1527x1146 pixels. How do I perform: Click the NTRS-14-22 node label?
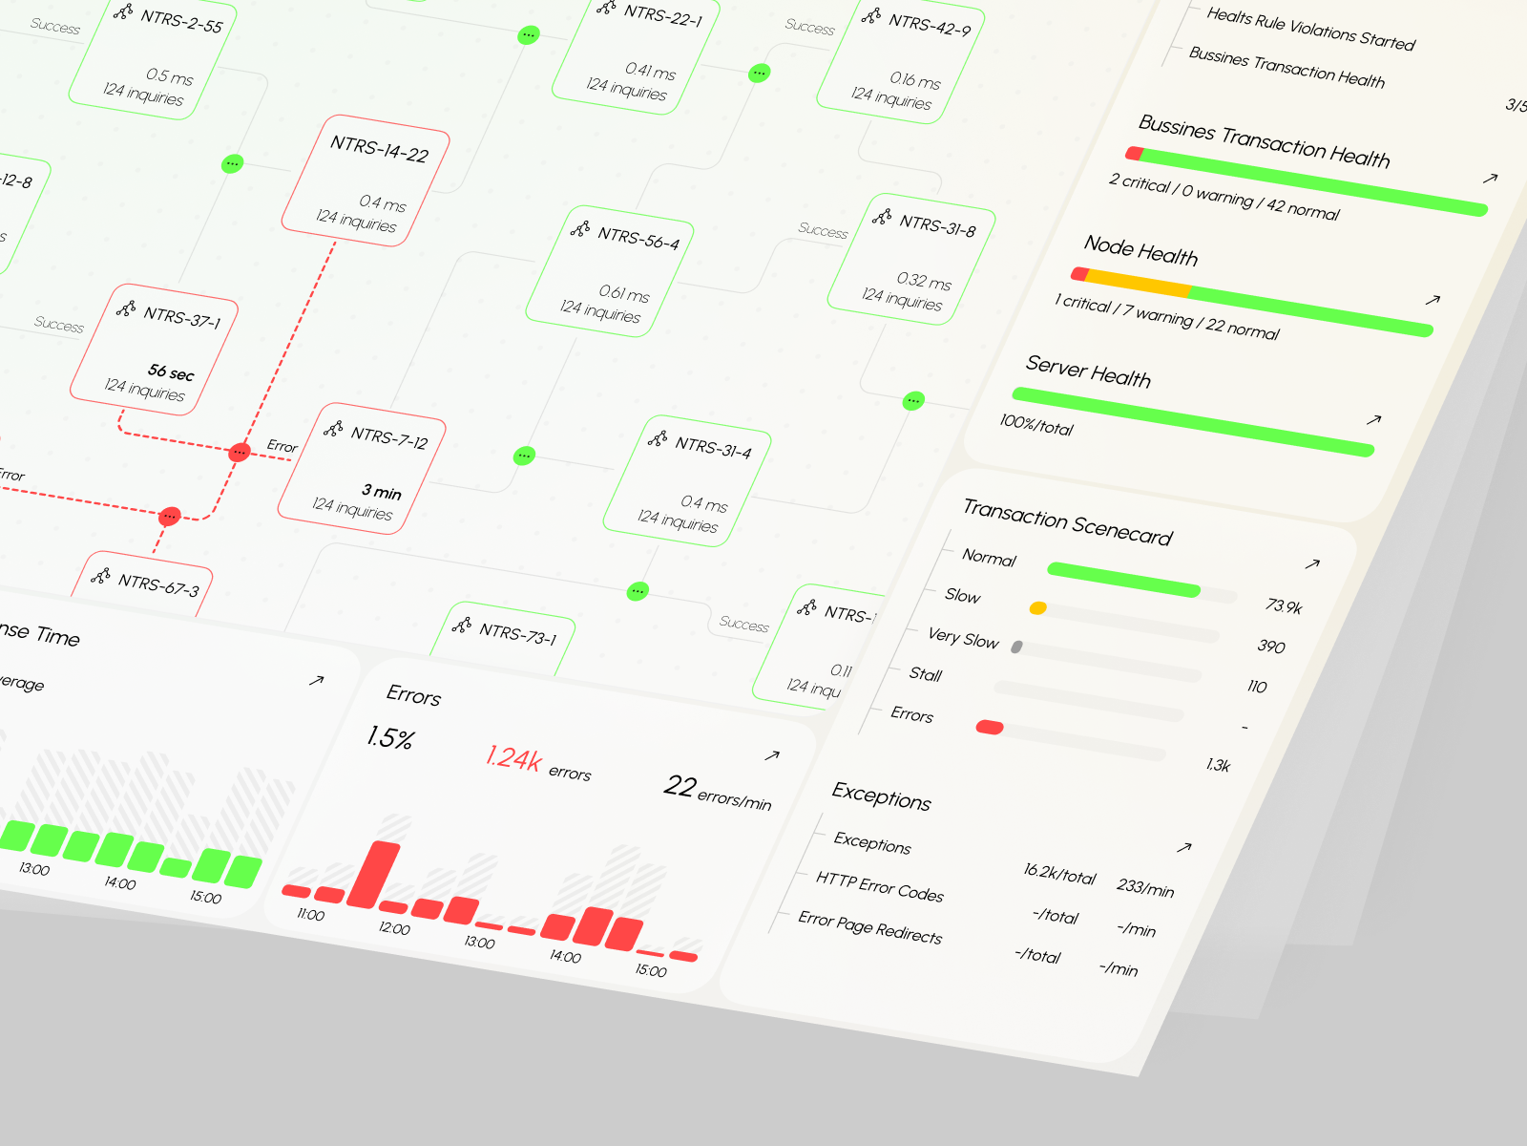379,149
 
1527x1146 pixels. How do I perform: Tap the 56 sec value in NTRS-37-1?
171,371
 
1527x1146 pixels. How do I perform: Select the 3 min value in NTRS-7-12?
381,491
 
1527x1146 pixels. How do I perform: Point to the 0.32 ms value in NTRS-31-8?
923,280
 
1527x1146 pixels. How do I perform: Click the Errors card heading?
413,695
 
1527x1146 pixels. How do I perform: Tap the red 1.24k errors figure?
513,758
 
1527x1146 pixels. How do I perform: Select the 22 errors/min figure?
717,792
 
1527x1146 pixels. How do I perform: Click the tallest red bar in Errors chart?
374,875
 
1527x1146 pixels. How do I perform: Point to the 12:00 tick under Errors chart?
394,928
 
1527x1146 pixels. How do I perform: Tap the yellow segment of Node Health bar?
1139,283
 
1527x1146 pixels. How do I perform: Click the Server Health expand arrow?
1373,419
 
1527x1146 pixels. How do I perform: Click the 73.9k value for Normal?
1284,605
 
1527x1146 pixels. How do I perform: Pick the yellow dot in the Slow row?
1037,608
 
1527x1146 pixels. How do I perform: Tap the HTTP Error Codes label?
879,886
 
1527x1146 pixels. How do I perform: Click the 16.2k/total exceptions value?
1059,874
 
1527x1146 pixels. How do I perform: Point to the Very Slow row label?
963,638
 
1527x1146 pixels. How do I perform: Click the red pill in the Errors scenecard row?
990,728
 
